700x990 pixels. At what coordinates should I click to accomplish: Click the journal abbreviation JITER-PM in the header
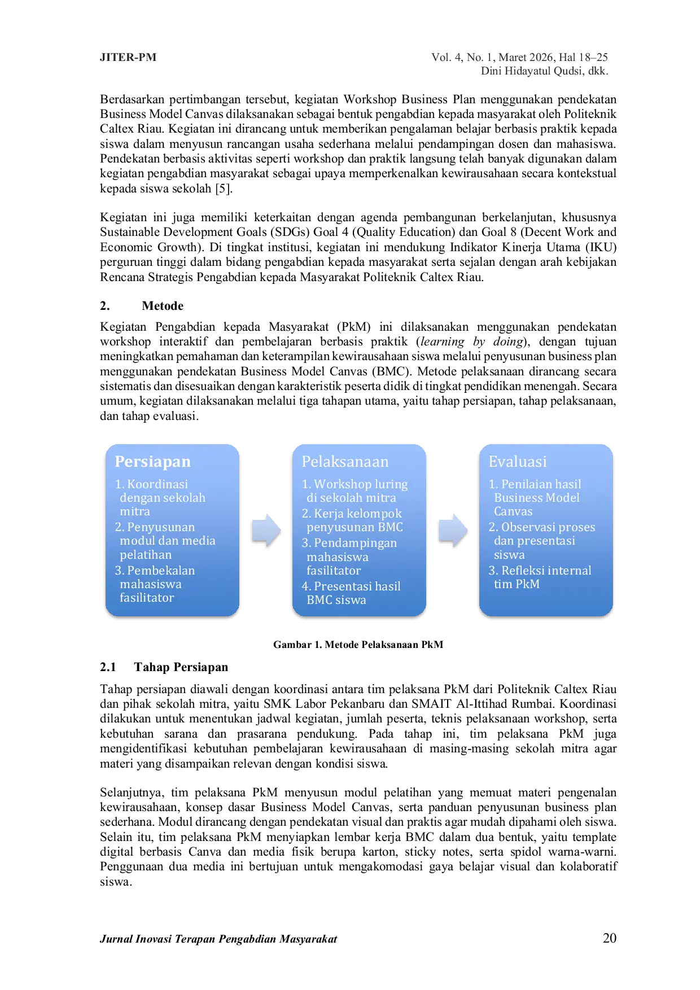point(128,57)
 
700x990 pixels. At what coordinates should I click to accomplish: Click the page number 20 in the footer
point(610,938)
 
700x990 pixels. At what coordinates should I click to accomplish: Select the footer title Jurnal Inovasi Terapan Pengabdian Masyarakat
point(218,939)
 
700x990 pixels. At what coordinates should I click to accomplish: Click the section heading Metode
point(163,306)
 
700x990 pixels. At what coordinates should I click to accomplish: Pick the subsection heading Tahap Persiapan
point(181,667)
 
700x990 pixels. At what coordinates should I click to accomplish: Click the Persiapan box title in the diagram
point(152,462)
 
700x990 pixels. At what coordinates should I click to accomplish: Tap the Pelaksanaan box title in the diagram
point(345,462)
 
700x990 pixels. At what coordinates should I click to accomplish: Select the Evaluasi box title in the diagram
point(518,462)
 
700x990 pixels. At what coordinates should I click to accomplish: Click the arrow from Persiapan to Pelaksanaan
point(266,531)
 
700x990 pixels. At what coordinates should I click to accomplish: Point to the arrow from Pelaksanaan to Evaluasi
point(453,531)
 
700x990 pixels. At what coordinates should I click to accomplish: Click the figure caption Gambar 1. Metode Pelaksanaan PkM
point(358,645)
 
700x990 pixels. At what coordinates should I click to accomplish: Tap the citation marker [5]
point(224,189)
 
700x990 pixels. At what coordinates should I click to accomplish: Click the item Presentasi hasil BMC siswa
point(351,593)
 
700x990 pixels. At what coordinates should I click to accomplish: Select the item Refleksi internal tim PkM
point(540,577)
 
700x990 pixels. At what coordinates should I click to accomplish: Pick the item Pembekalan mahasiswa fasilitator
point(155,584)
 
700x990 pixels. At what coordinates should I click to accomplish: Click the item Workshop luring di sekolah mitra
point(355,491)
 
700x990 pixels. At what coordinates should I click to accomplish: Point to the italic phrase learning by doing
point(471,341)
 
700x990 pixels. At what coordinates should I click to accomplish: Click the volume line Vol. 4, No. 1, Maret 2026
point(493,57)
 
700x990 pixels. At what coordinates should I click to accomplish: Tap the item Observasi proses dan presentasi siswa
point(542,541)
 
